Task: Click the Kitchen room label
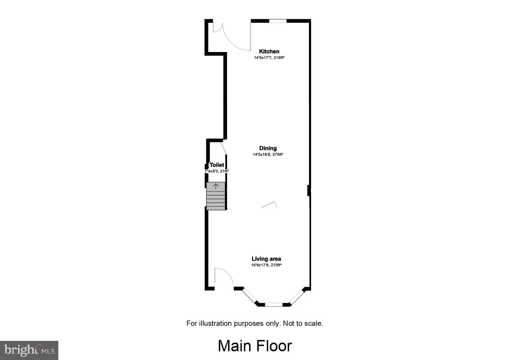(x=269, y=52)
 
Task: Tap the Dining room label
(x=268, y=148)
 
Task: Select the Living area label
(x=266, y=259)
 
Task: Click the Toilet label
(x=217, y=165)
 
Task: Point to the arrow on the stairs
(x=216, y=186)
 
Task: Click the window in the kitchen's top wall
(x=278, y=21)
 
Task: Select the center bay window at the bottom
(x=274, y=304)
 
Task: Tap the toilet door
(x=224, y=147)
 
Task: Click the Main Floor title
(x=255, y=346)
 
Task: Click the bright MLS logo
(x=29, y=350)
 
